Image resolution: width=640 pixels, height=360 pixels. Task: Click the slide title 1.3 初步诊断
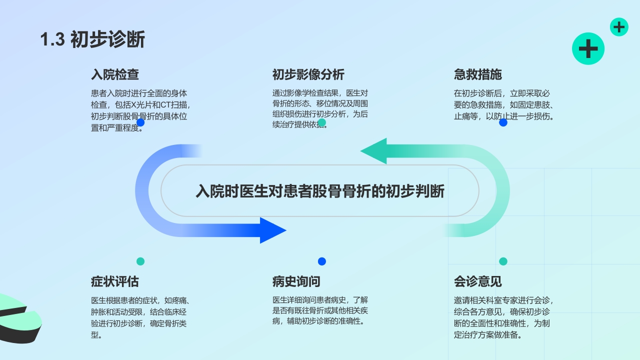click(92, 39)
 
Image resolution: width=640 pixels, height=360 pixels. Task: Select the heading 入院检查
click(114, 75)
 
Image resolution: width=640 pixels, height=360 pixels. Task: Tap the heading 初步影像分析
click(308, 75)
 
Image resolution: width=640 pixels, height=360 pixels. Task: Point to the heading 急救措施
click(477, 75)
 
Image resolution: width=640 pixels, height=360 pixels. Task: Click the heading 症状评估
click(114, 281)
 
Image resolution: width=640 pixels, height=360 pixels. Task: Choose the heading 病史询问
click(296, 281)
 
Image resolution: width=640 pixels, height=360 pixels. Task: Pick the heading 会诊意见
click(477, 281)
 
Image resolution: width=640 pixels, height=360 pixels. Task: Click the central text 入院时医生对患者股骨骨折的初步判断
click(319, 191)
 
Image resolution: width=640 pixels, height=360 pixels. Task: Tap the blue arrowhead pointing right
click(272, 230)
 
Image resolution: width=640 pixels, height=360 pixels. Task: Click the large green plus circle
click(588, 48)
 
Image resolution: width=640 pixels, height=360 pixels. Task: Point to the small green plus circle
click(619, 27)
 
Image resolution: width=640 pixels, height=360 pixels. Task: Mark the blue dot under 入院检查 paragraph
click(140, 122)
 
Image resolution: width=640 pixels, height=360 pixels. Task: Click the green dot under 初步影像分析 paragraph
click(322, 122)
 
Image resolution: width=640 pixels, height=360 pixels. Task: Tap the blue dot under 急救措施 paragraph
click(503, 122)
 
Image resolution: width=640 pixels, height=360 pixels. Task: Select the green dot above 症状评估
click(140, 261)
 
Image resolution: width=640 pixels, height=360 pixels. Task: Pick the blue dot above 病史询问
click(322, 261)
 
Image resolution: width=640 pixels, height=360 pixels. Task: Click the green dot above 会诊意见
click(503, 261)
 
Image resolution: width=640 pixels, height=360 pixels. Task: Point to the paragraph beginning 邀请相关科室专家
click(503, 317)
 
